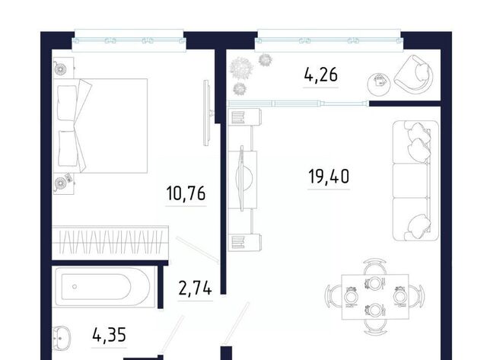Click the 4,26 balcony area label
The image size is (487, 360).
pyautogui.click(x=321, y=75)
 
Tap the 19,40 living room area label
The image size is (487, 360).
pyautogui.click(x=329, y=177)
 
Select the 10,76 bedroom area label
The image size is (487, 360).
pyautogui.click(x=186, y=193)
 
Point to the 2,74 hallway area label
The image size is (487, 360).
pyautogui.click(x=196, y=288)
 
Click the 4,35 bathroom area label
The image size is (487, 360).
pyautogui.click(x=109, y=335)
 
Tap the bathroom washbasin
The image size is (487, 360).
pyautogui.click(x=61, y=338)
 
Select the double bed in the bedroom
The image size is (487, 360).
pyautogui.click(x=100, y=126)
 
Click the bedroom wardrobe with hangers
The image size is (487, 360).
pyautogui.click(x=110, y=243)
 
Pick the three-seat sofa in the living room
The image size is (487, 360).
pyautogui.click(x=415, y=180)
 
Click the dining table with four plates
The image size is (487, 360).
pyautogui.click(x=375, y=297)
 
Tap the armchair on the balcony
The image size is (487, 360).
pyautogui.click(x=414, y=73)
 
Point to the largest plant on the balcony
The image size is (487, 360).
pyautogui.click(x=240, y=68)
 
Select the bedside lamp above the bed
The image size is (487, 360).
pyautogui.click(x=60, y=69)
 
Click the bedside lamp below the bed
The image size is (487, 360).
pyautogui.click(x=60, y=183)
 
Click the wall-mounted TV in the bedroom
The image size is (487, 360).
pyautogui.click(x=207, y=113)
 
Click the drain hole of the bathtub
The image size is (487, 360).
pyautogui.click(x=75, y=286)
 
